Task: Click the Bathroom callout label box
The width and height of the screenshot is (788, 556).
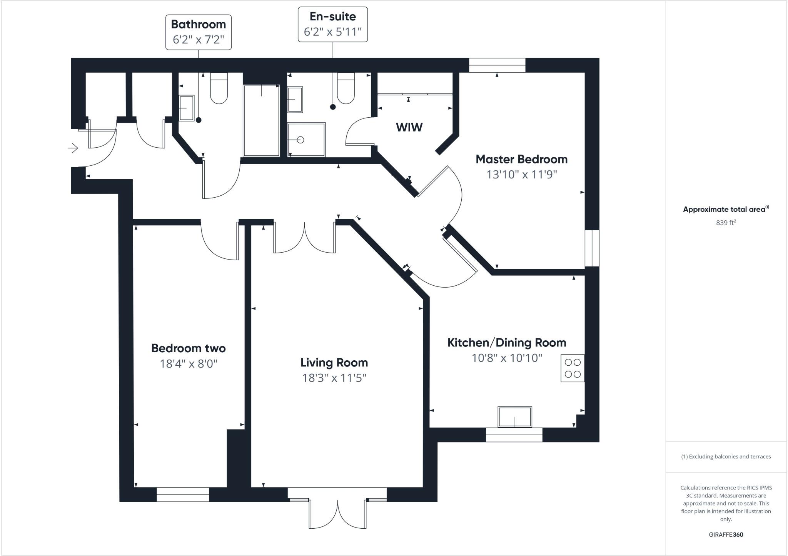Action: tap(198, 32)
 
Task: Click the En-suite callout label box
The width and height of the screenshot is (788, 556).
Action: tap(332, 24)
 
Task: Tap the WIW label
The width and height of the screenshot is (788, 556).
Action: tap(409, 127)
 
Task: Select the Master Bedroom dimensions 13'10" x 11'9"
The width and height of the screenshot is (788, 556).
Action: tap(521, 175)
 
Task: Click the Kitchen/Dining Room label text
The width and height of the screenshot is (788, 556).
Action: tap(506, 343)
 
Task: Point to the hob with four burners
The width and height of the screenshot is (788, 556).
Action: tap(572, 368)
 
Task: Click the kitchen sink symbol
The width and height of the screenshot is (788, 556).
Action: tap(514, 417)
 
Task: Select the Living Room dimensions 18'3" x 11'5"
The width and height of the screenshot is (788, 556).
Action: tap(334, 378)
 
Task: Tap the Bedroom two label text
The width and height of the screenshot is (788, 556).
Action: tap(188, 348)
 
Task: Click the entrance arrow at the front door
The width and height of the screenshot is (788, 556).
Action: tap(73, 148)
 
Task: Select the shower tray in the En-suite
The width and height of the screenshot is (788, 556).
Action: tap(306, 140)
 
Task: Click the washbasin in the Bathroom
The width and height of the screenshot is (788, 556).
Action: tap(187, 108)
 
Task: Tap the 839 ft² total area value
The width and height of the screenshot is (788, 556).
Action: tap(726, 223)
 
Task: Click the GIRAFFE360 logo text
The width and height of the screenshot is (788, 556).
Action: tap(726, 534)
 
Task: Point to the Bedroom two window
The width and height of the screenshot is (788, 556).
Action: tap(182, 494)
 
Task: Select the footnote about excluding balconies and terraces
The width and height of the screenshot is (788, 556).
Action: tap(726, 457)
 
